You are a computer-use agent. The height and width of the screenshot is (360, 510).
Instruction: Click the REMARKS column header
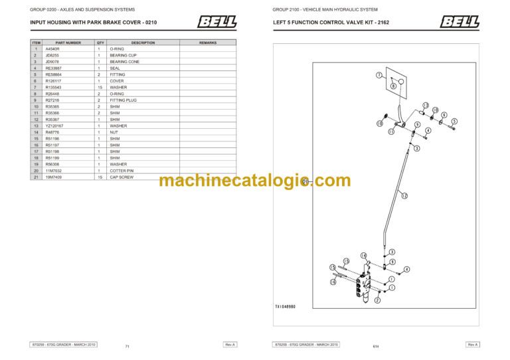pyautogui.click(x=208, y=43)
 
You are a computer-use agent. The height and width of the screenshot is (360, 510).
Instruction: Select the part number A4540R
pyautogui.click(x=52, y=48)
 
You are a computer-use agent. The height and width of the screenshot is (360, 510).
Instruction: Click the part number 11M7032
pyautogui.click(x=53, y=171)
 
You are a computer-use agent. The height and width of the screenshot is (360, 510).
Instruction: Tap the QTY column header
pyautogui.click(x=100, y=43)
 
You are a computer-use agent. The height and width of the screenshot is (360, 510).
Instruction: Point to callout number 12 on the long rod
pyautogui.click(x=404, y=196)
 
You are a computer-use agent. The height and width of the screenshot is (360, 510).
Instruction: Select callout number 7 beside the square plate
pyautogui.click(x=379, y=75)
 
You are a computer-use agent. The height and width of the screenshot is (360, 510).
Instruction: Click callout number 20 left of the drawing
pyautogui.click(x=305, y=181)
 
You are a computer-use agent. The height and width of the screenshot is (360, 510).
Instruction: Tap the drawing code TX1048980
pyautogui.click(x=290, y=307)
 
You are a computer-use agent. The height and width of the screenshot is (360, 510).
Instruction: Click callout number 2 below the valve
pyautogui.click(x=377, y=300)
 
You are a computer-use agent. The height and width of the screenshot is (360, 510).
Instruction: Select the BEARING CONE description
pyautogui.click(x=124, y=62)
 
